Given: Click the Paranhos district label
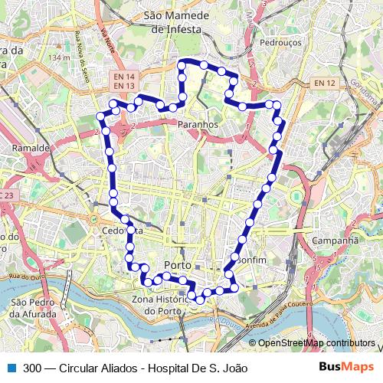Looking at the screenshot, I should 198,123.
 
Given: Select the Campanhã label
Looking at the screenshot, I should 336,240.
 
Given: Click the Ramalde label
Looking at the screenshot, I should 31,147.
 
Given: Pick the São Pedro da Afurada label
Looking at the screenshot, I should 33,308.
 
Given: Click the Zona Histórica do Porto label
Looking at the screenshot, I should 170,304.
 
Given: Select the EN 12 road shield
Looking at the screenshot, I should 325,83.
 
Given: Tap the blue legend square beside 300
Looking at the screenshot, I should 13,368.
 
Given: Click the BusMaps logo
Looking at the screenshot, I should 346,368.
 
